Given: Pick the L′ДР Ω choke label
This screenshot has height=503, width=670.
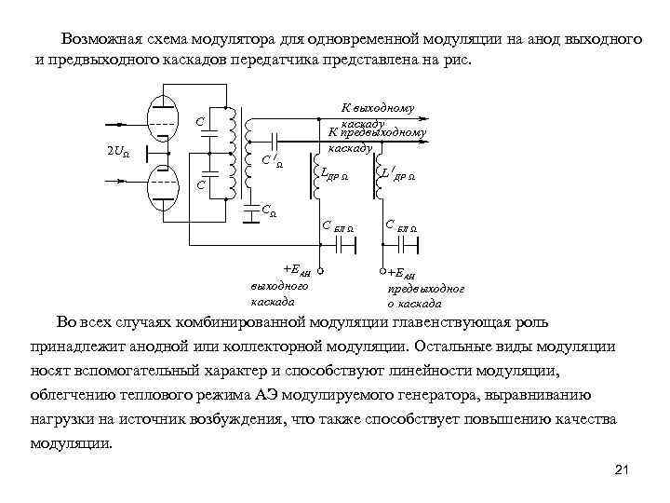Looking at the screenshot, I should pos(399,174).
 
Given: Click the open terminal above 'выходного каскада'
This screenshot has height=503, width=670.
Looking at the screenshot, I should pos(319,272).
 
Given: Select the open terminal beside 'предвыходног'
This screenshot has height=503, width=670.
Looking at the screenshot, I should pos(382,272).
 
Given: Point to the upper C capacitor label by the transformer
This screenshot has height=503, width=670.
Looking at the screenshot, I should pos(199,123).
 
